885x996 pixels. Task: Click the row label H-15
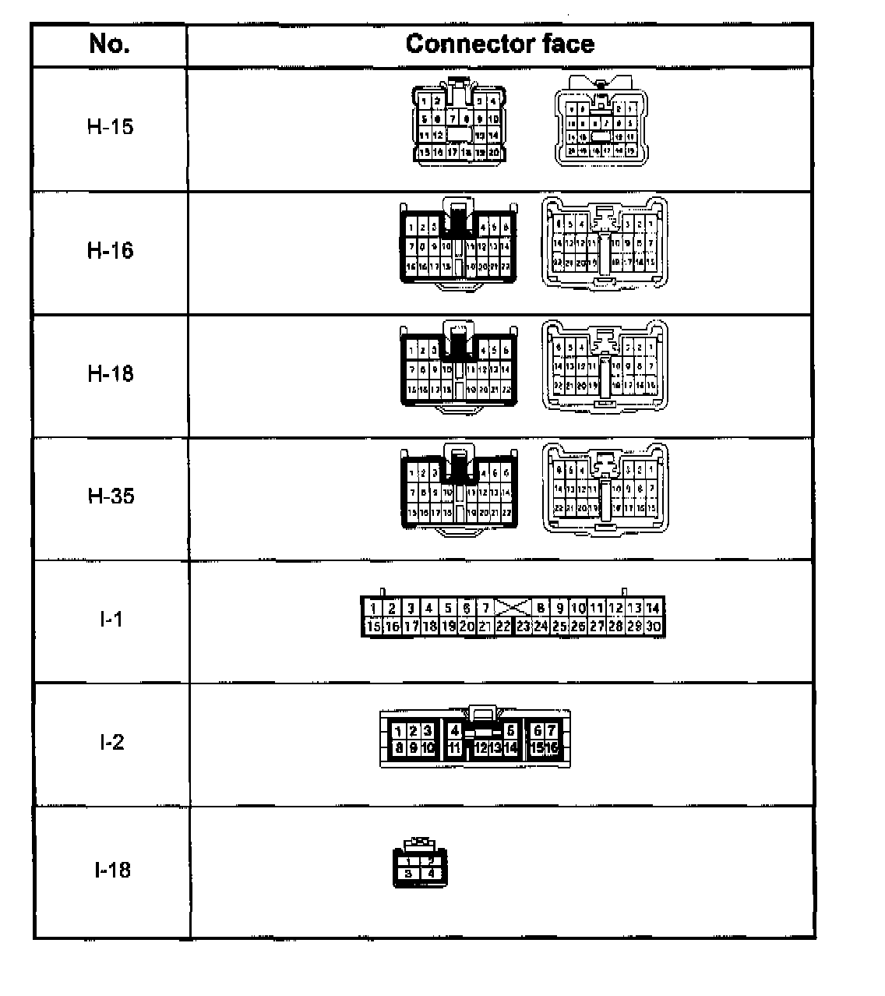(110, 127)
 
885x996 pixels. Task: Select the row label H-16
(110, 250)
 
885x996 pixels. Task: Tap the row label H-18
(110, 373)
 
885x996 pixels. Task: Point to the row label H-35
(110, 496)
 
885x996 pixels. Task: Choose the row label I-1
(111, 620)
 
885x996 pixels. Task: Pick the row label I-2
(111, 742)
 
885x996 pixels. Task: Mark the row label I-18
(112, 870)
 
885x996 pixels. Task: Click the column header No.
(109, 44)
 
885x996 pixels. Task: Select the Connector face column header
(499, 44)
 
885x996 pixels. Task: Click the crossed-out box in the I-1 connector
(513, 608)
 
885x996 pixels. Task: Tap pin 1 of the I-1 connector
(373, 609)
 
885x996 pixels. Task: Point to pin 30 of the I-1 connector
(654, 626)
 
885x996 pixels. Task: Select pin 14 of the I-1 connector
(654, 609)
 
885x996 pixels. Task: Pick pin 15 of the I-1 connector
(373, 626)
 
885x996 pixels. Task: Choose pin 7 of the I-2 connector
(551, 731)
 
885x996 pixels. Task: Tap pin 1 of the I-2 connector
(398, 731)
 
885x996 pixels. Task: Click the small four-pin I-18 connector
(418, 864)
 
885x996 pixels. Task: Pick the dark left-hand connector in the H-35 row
(459, 490)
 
